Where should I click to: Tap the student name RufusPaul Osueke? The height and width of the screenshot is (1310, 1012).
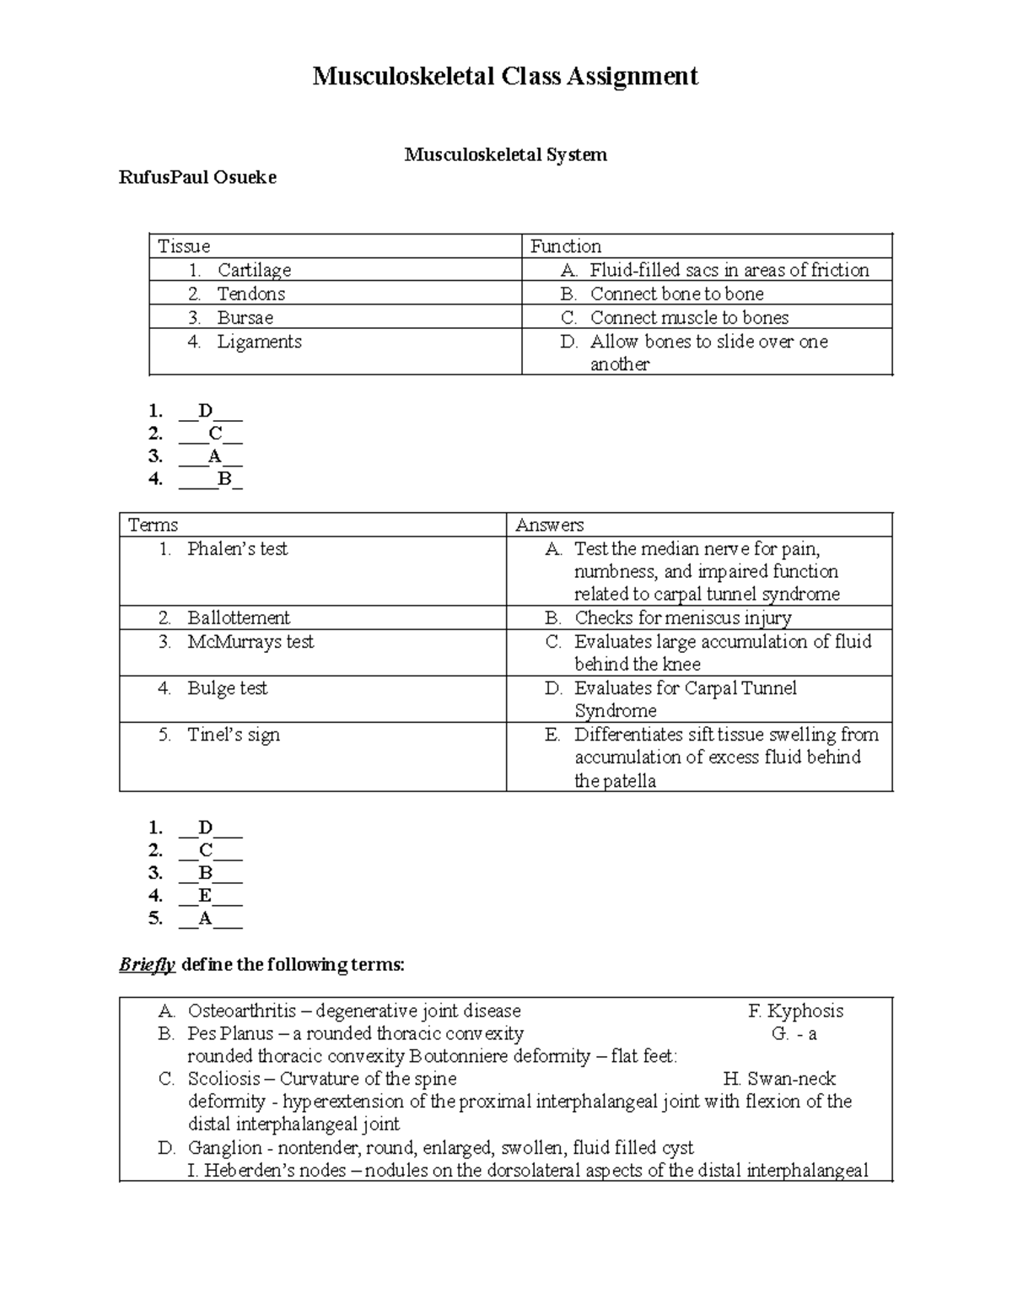click(x=197, y=178)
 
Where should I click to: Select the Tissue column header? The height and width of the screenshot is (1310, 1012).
click(x=184, y=246)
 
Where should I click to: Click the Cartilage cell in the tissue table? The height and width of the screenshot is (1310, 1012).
click(x=254, y=270)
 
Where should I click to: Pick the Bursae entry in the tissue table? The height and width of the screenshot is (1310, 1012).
click(x=245, y=318)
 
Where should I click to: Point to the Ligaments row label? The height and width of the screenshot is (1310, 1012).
click(x=259, y=342)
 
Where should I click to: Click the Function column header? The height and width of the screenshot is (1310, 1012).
click(x=565, y=246)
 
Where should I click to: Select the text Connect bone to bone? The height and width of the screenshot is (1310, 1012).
click(x=676, y=294)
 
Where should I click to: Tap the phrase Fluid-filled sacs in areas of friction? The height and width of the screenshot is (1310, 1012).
click(x=729, y=270)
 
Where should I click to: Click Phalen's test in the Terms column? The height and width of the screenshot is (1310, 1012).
click(x=237, y=549)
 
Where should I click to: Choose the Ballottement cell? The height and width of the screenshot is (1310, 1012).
click(x=238, y=617)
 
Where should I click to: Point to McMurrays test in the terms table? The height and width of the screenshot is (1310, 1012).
click(x=250, y=642)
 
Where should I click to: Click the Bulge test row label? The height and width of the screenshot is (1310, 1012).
click(x=227, y=688)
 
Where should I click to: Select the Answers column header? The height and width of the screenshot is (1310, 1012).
click(x=549, y=525)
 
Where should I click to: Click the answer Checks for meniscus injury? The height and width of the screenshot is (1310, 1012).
click(x=682, y=617)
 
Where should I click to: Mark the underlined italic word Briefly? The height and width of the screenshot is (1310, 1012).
click(x=147, y=965)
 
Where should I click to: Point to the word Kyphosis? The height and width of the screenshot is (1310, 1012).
click(x=805, y=1011)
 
